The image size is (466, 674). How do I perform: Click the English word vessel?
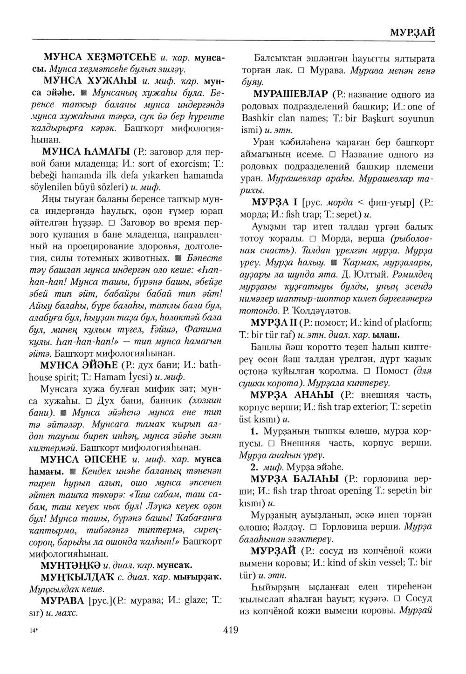(x=378, y=563)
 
